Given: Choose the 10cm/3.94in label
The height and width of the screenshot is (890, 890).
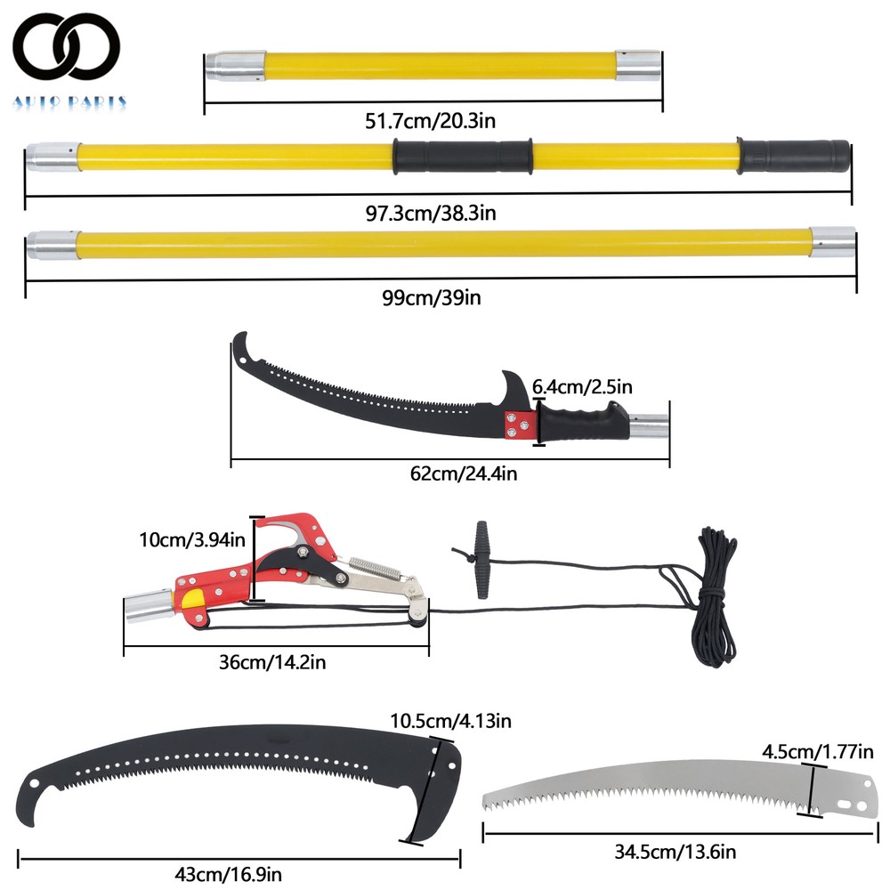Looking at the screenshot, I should point(190,539).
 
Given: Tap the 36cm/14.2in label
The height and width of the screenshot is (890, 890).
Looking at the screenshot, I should point(278,662).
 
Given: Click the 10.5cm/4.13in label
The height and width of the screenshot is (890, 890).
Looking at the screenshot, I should point(450,719).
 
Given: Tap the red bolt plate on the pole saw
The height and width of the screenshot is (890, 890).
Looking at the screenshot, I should point(517,425).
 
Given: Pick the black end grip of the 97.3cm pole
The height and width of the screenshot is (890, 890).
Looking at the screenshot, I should point(797,155).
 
